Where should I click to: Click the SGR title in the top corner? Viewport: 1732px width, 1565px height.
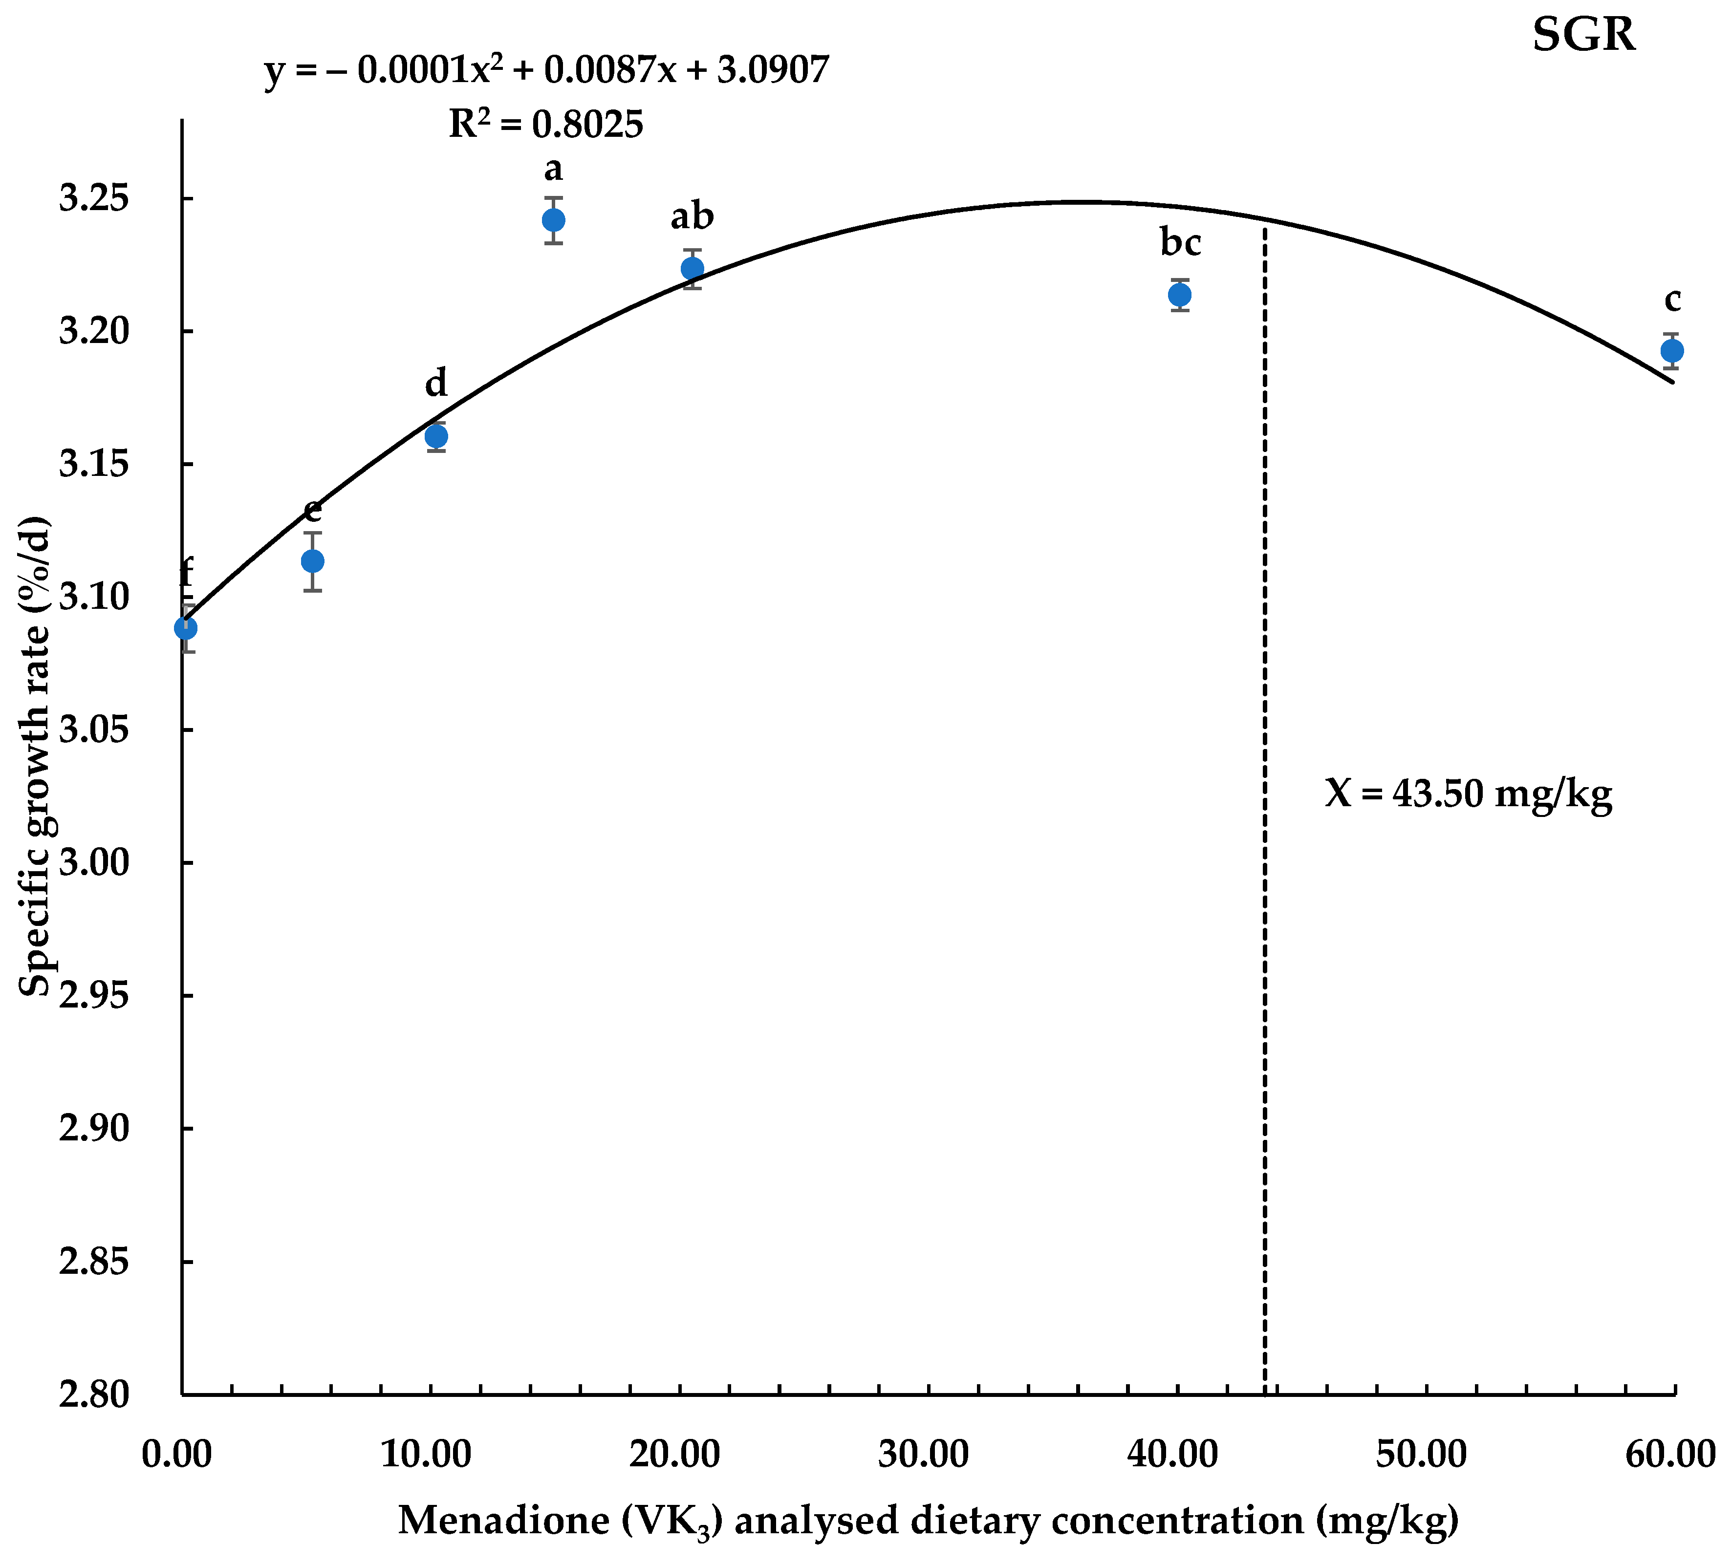[1583, 36]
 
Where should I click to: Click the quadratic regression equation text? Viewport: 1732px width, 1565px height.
[546, 70]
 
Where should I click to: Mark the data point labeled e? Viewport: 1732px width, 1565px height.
[313, 561]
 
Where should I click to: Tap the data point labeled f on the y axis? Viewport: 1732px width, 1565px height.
[186, 629]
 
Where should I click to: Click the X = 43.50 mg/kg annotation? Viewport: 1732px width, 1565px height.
[1468, 793]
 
